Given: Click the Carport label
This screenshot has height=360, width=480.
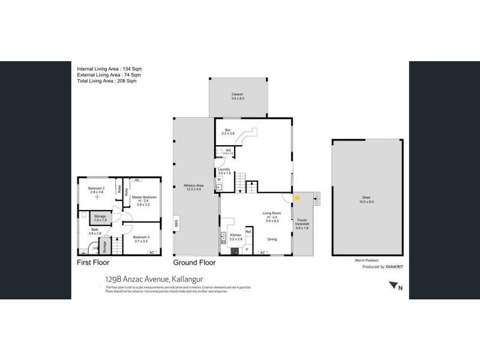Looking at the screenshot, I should tap(238, 95).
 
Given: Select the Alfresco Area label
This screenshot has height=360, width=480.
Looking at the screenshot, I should tap(193, 186).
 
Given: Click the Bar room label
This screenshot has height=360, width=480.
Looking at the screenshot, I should tap(229, 131).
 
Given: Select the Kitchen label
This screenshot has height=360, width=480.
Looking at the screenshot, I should tap(236, 236).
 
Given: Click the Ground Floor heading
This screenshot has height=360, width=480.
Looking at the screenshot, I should tap(194, 263).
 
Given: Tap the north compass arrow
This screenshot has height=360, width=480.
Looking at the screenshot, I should tap(395, 288).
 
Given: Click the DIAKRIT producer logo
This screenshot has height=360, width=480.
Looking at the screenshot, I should tap(388, 266).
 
